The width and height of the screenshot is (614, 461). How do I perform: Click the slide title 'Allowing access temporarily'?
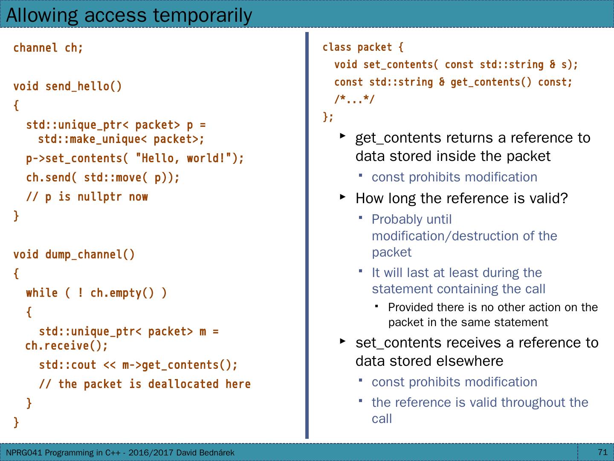(x=129, y=15)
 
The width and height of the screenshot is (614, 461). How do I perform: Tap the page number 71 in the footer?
(x=602, y=452)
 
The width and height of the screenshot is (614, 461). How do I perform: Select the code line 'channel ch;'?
(x=48, y=48)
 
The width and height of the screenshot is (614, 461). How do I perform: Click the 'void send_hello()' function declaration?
(x=67, y=87)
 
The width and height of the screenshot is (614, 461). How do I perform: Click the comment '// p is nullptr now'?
(x=87, y=197)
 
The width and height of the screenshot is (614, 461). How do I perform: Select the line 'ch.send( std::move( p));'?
(x=103, y=178)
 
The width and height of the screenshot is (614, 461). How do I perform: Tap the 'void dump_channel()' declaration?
(x=74, y=255)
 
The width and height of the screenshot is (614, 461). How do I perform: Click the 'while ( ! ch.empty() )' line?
(x=96, y=293)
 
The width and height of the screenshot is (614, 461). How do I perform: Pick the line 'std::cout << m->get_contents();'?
(x=138, y=365)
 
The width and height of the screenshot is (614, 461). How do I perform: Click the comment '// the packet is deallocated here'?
(x=145, y=385)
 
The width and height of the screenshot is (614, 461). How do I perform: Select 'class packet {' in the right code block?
(x=363, y=47)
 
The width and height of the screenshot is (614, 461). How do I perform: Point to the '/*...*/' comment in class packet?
(x=354, y=100)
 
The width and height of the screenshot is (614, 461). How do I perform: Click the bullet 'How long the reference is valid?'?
(x=461, y=198)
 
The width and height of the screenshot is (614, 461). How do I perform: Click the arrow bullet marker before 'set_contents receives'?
(x=342, y=341)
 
